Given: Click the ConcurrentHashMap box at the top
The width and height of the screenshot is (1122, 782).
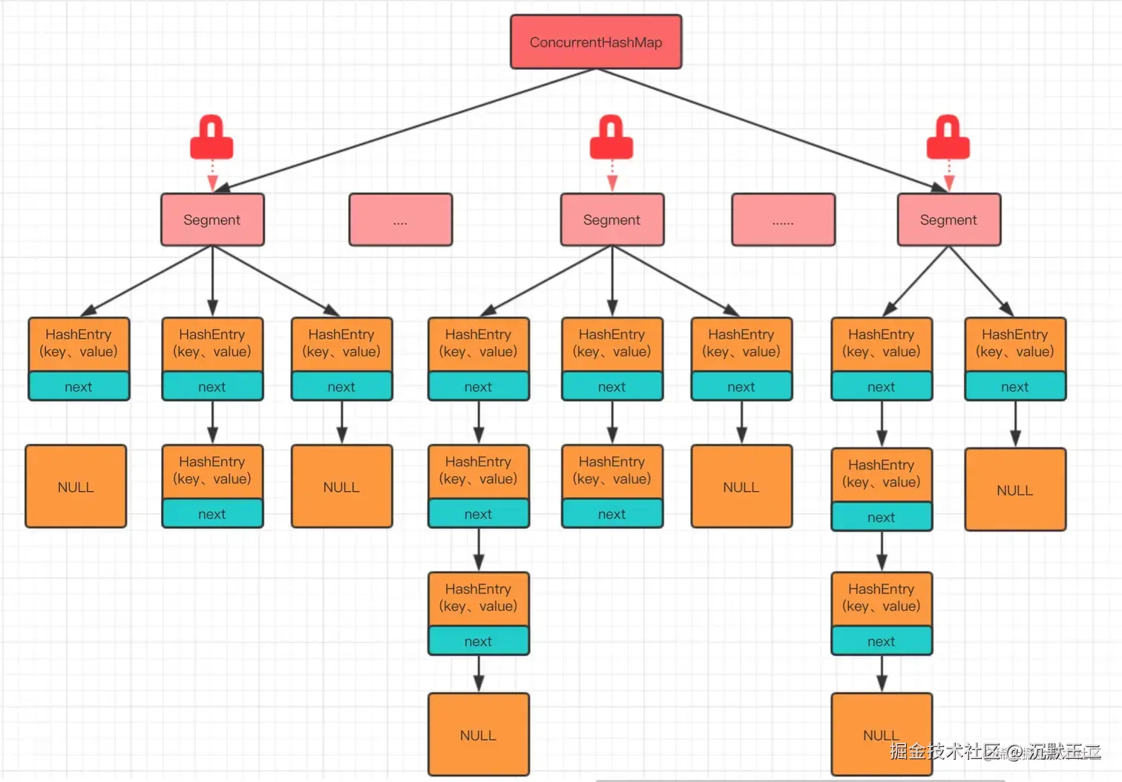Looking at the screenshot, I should tap(596, 42).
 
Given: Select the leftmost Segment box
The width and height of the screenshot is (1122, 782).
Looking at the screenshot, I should tap(212, 220).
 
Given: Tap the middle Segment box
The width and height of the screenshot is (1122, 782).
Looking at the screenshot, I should tap(612, 220).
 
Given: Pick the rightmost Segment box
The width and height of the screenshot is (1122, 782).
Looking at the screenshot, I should tap(948, 220).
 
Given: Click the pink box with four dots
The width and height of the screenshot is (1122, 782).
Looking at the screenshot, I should tap(401, 220).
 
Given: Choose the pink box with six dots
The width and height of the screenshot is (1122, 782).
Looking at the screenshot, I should tap(783, 220).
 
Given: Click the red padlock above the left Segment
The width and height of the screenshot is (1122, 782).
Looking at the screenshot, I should tap(211, 139).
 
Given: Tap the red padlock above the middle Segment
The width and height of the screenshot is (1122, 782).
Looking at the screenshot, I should tap(611, 139).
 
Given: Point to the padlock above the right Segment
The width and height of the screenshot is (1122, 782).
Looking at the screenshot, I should tap(948, 139).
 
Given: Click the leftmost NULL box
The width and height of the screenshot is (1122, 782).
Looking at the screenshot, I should tap(76, 486).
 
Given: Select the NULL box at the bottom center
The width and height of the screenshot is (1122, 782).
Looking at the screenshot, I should tap(479, 734).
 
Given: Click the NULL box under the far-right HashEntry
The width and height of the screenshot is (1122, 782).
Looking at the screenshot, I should tap(1015, 489).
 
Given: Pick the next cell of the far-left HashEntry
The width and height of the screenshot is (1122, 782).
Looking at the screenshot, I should tap(79, 386).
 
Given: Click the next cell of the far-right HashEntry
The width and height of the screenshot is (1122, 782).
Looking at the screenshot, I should tap(1015, 386).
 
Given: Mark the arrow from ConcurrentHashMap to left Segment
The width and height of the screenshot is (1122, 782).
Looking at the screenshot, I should tap(404, 131).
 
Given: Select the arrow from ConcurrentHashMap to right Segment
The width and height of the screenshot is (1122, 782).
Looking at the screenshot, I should tap(772, 131).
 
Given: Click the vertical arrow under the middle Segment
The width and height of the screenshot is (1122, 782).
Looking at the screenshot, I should tap(612, 278).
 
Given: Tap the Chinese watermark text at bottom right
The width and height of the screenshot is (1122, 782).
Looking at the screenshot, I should tap(994, 752).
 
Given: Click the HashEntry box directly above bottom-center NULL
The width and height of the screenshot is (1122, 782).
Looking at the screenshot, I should tap(479, 598).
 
